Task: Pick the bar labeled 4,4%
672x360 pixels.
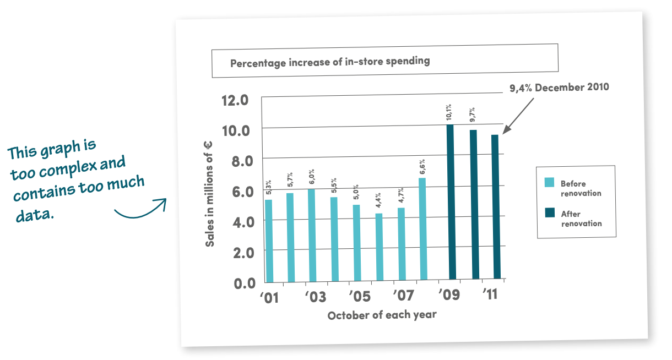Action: (379, 248)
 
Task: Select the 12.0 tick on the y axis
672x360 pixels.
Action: (235, 100)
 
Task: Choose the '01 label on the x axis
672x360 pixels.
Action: (270, 298)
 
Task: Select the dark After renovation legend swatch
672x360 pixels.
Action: (549, 214)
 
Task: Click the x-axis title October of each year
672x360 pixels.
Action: (382, 315)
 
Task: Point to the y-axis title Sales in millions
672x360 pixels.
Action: (210, 193)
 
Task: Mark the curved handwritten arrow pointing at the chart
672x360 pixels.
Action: (140, 210)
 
